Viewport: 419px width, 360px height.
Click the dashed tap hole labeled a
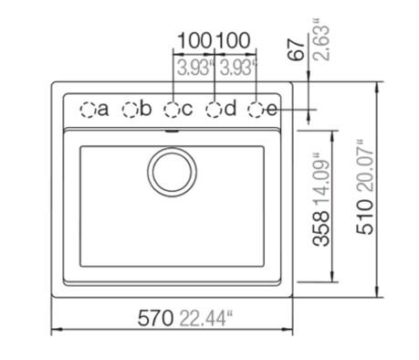[88, 110]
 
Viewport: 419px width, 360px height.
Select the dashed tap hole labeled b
[130, 110]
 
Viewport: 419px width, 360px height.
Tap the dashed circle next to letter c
[172, 110]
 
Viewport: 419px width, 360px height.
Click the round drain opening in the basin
[171, 171]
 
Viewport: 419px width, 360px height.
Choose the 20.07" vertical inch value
[366, 164]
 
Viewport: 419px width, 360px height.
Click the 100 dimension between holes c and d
[194, 42]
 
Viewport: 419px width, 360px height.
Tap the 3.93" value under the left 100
[194, 66]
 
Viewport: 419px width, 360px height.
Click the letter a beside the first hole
[102, 110]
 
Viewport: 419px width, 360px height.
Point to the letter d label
[230, 109]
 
